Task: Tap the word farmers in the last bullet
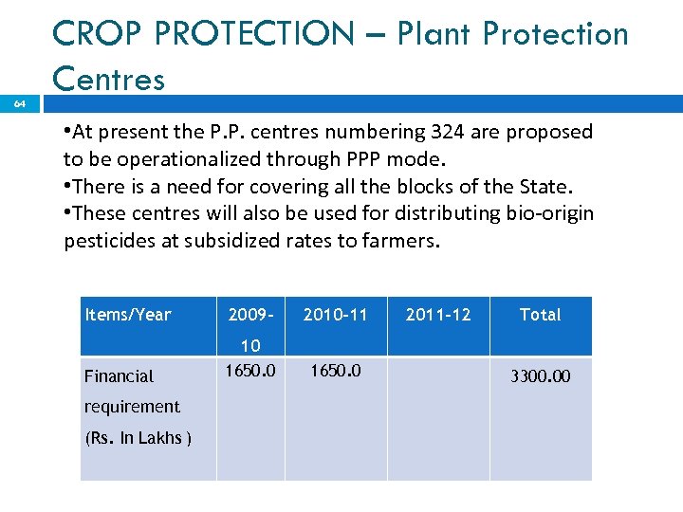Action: point(401,241)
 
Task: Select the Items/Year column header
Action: point(128,315)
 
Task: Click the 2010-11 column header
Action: point(335,315)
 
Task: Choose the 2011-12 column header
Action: point(437,315)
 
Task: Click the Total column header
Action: point(540,315)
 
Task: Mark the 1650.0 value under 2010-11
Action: point(335,370)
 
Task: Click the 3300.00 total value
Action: point(541,376)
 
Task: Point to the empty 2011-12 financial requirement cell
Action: point(438,417)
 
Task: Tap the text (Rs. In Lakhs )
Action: point(138,438)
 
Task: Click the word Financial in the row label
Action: point(119,376)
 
